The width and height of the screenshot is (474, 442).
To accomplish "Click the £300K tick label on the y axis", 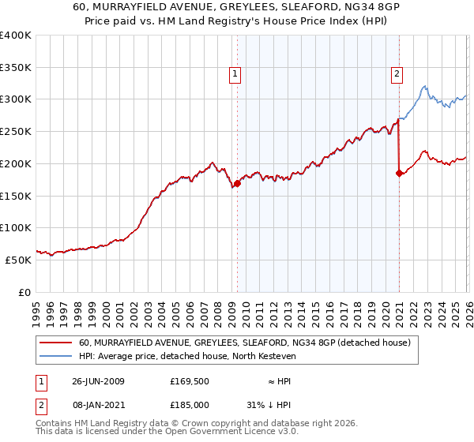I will click(x=16, y=99).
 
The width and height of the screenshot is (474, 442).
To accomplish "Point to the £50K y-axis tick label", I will click(x=18, y=260).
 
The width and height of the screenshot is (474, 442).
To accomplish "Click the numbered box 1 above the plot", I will click(x=235, y=75).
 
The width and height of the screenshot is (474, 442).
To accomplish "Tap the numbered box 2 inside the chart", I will click(x=396, y=75).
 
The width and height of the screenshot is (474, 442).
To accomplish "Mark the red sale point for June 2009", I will click(x=237, y=183).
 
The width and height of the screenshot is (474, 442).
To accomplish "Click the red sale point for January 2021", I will click(x=399, y=173).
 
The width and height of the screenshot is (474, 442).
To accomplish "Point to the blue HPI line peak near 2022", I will click(x=424, y=86).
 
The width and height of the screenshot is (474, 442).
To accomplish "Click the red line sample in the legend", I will click(x=55, y=343).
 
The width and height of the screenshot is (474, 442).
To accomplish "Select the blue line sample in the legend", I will click(x=55, y=358).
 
